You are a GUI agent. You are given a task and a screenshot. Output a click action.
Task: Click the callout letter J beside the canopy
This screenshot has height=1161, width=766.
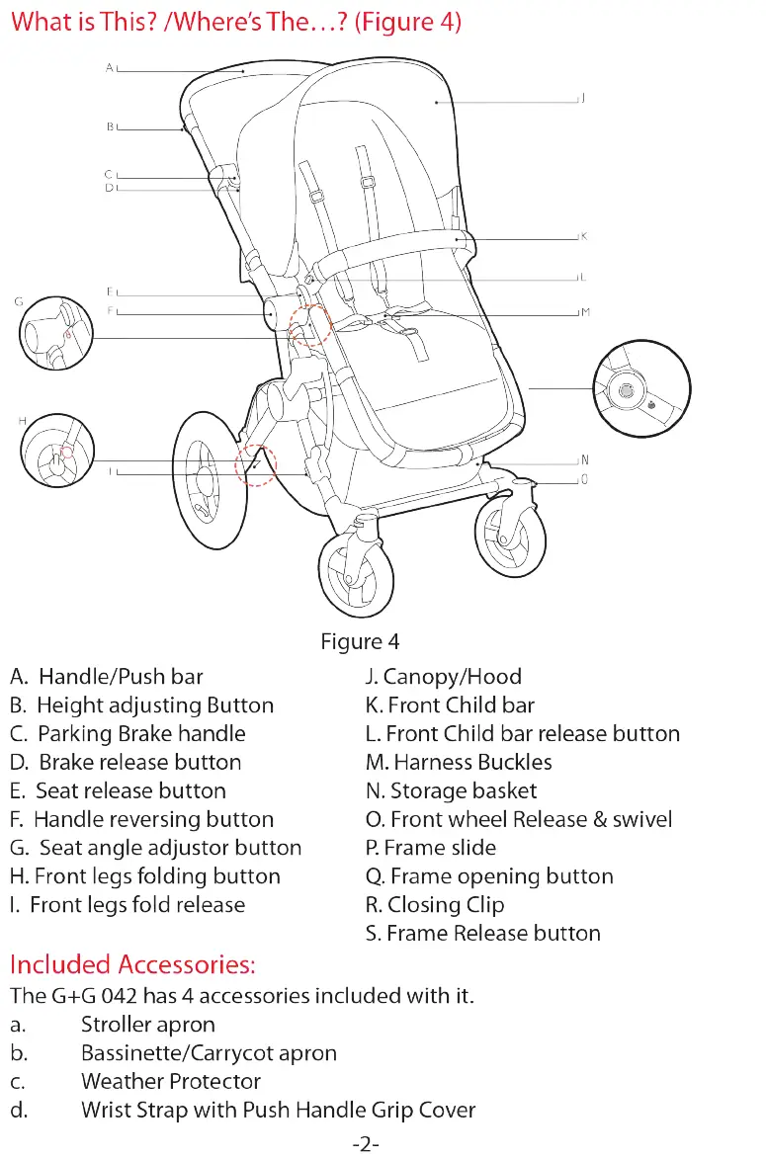pos(583,98)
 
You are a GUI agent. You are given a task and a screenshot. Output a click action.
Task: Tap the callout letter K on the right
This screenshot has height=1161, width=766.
pos(584,237)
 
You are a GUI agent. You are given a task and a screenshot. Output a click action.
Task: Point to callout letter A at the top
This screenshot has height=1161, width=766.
pos(110,68)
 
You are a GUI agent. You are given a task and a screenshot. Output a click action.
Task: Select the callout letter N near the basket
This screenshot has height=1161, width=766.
pos(584,460)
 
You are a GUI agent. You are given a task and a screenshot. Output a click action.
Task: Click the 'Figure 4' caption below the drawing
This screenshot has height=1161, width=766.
pos(360,642)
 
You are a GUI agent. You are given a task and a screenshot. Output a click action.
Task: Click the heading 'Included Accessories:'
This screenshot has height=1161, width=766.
pos(132,963)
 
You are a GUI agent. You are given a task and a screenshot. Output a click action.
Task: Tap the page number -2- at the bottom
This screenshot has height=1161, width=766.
pos(366,1145)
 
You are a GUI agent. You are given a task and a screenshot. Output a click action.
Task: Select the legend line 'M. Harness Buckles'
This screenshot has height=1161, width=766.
pos(459,762)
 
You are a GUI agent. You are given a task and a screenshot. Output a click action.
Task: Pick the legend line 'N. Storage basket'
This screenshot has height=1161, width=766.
pos(451,790)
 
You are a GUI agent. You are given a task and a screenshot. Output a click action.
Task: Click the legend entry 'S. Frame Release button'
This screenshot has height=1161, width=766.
pos(482,933)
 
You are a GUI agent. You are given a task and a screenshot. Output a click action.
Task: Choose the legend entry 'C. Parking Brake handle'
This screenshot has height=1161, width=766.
pos(128,733)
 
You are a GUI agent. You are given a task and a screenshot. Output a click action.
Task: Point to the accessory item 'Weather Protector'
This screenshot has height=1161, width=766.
pos(171,1081)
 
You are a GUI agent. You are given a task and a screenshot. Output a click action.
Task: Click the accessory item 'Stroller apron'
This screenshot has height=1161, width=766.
pos(148,1024)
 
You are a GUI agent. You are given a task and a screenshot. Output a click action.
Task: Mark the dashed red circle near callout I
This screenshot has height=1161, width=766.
pos(256,462)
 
